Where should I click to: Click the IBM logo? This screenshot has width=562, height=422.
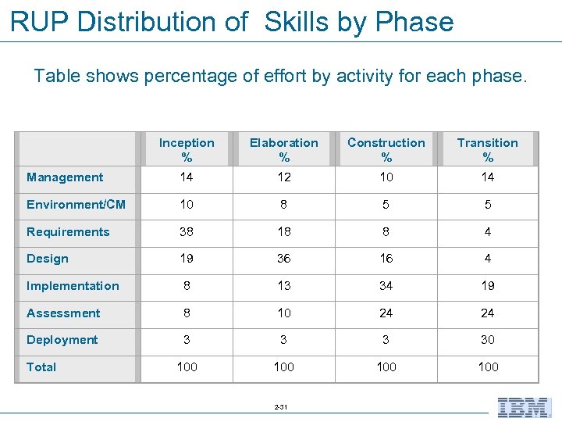pos(524,407)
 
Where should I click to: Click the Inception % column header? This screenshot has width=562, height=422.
pos(187,149)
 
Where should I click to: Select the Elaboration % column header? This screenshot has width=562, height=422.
pos(284,149)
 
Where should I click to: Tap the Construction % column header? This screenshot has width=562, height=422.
pos(386,149)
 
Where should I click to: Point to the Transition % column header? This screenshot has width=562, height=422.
pos(488,149)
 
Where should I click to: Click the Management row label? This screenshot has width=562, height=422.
pos(65,177)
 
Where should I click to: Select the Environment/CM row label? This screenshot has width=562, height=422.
pos(76,205)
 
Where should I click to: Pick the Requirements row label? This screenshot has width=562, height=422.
pos(68,232)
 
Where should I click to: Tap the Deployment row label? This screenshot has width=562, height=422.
pos(62,340)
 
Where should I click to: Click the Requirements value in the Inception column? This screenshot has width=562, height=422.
pos(187,232)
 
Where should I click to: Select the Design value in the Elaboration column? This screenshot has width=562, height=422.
pos(284,259)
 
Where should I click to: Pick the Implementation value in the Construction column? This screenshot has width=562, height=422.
pos(386,286)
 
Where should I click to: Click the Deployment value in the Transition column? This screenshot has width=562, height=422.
pos(488,340)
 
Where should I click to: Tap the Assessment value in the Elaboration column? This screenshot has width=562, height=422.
pos(284,313)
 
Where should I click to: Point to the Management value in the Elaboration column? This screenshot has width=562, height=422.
pos(284,177)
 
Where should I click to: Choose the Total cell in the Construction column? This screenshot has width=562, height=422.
pos(386,367)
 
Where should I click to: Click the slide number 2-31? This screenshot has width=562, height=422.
pos(281,407)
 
